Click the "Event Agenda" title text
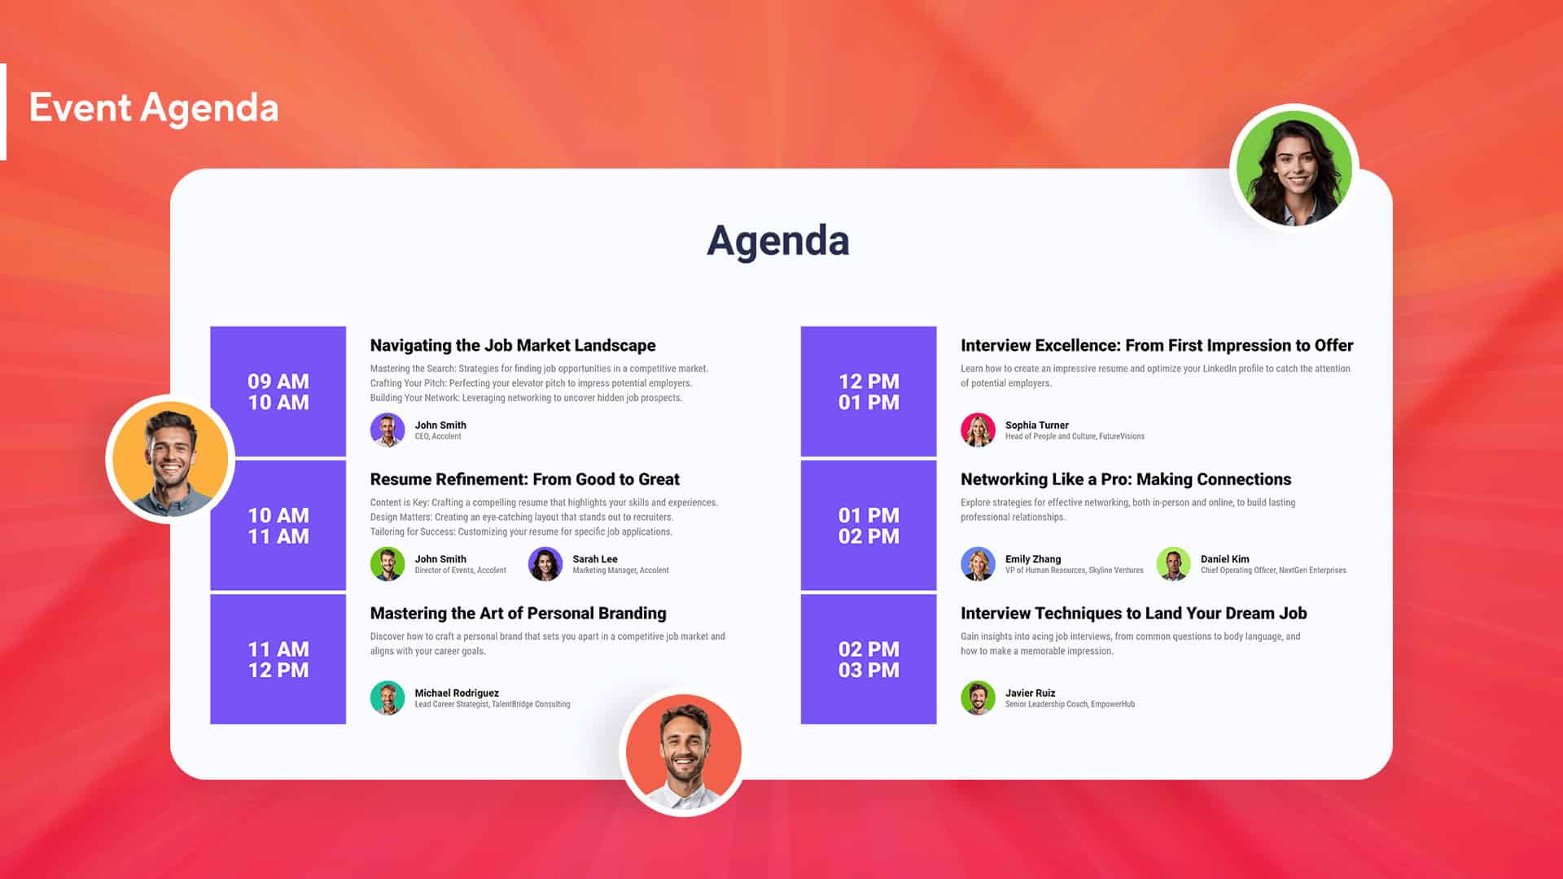click(154, 108)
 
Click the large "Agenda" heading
click(777, 241)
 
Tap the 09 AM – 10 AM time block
click(278, 391)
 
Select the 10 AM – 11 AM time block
click(278, 526)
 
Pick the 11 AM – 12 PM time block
click(278, 659)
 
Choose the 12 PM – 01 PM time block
click(869, 391)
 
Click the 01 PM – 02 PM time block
click(869, 526)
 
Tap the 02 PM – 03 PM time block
click(869, 659)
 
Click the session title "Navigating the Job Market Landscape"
click(513, 346)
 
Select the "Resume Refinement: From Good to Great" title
click(524, 479)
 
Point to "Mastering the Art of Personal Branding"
click(518, 614)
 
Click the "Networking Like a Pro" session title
click(1126, 479)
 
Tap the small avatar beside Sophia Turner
click(978, 430)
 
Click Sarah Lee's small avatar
click(545, 564)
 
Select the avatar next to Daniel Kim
click(1173, 564)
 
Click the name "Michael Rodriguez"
click(457, 693)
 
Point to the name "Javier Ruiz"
click(1030, 693)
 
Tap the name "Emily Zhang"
click(1032, 559)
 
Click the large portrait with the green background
click(1294, 168)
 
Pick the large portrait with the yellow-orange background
click(170, 460)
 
